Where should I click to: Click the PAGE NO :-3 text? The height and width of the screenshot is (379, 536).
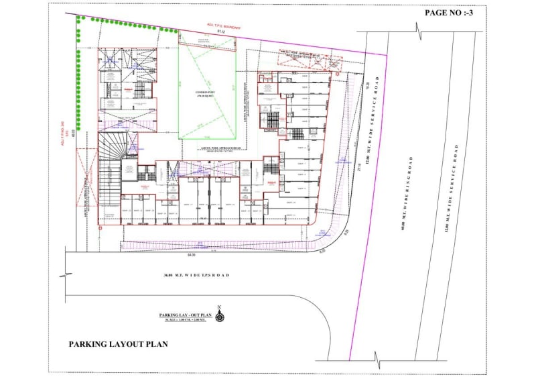pyautogui.click(x=450, y=13)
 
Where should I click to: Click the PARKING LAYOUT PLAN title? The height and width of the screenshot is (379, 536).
pyautogui.click(x=118, y=344)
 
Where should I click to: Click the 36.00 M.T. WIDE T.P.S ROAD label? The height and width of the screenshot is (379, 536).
pyautogui.click(x=196, y=276)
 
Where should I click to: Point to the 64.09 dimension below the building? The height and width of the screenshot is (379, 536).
pyautogui.click(x=192, y=254)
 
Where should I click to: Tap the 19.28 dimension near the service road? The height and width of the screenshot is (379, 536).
pyautogui.click(x=368, y=84)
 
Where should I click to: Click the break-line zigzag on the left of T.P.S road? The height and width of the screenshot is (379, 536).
pyautogui.click(x=64, y=276)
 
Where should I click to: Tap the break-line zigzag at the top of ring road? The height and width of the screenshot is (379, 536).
pyautogui.click(x=418, y=31)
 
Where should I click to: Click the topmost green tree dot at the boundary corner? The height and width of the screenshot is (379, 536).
pyautogui.click(x=79, y=18)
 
